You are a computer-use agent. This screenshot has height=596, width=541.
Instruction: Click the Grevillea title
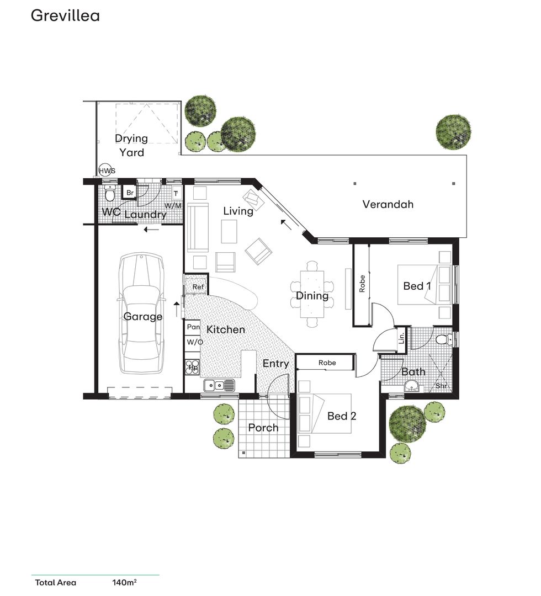(x=65, y=15)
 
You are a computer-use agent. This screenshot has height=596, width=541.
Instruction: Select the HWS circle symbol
(x=107, y=171)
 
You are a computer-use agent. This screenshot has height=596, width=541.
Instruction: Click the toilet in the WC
(x=109, y=194)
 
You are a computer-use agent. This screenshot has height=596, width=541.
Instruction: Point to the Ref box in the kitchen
(x=198, y=287)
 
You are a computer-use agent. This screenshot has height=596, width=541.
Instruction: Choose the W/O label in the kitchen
(x=194, y=342)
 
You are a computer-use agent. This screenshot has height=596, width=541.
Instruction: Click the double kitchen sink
(x=219, y=385)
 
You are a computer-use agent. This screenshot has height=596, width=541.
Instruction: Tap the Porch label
(x=263, y=428)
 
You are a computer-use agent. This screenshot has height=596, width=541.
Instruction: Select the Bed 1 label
(x=417, y=286)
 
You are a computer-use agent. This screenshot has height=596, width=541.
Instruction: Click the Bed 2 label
(x=342, y=416)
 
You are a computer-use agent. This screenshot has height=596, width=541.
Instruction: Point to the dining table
(x=312, y=295)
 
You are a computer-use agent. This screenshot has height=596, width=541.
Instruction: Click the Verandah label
(x=388, y=204)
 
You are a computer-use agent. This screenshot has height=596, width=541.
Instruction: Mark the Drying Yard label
(x=131, y=145)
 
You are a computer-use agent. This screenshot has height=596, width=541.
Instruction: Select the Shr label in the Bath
(x=442, y=386)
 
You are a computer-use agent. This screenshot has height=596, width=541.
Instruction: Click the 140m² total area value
(x=124, y=582)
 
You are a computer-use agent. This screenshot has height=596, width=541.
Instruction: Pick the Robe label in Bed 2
(x=327, y=363)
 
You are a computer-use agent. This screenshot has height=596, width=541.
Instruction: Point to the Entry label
(x=275, y=364)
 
